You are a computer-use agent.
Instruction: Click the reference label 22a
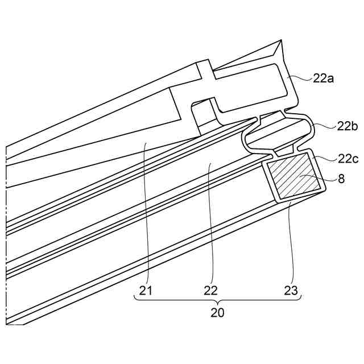(323, 78)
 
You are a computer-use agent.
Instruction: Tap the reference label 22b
(348, 126)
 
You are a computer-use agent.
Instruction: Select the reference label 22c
(348, 159)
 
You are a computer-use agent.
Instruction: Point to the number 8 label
(341, 179)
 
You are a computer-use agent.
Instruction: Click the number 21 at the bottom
(146, 291)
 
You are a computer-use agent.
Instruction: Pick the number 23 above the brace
(291, 291)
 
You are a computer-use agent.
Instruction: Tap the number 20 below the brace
(217, 313)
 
